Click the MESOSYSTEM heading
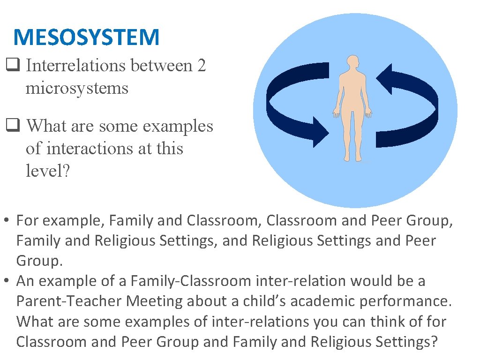(x=86, y=37)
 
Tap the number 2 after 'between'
(x=201, y=66)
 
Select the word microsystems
(x=77, y=88)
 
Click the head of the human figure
(x=352, y=64)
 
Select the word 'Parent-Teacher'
(x=63, y=301)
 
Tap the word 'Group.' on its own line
(x=39, y=261)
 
